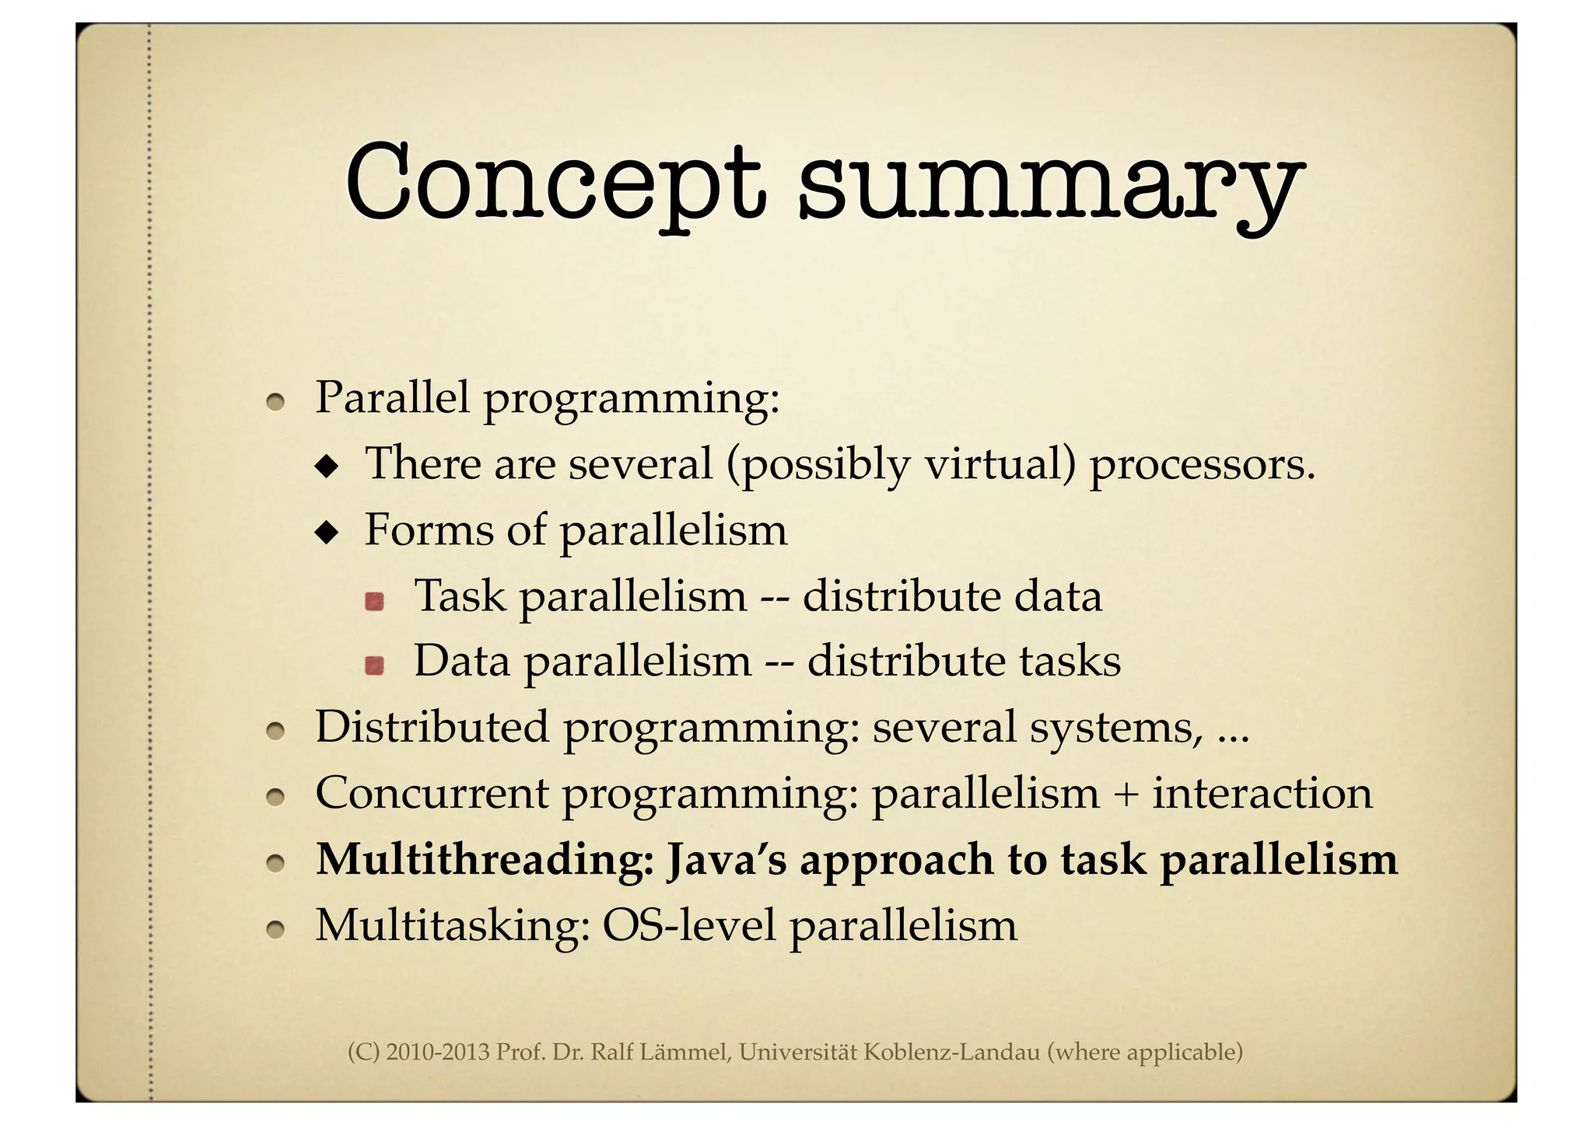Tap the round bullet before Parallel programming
[274, 402]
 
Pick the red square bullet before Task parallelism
[375, 601]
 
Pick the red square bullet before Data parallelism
[375, 666]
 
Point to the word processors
[1201, 464]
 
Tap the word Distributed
[432, 727]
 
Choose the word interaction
[1262, 794]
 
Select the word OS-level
[688, 925]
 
